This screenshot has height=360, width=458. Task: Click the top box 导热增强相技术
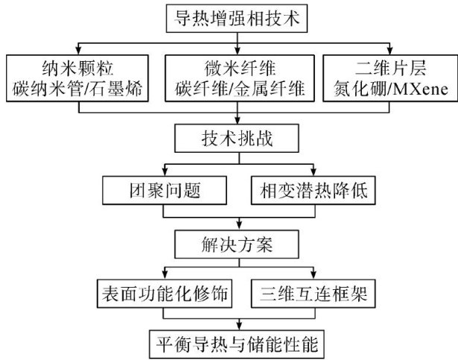coord(236,17)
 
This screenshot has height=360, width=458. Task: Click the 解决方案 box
coord(237,241)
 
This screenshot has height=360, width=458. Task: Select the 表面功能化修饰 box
coord(163,291)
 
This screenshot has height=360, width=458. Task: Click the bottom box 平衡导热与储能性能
coord(237,344)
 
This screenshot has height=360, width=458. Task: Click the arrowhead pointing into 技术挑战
coord(237,122)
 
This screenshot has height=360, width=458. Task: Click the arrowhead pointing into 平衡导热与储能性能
coord(237,326)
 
